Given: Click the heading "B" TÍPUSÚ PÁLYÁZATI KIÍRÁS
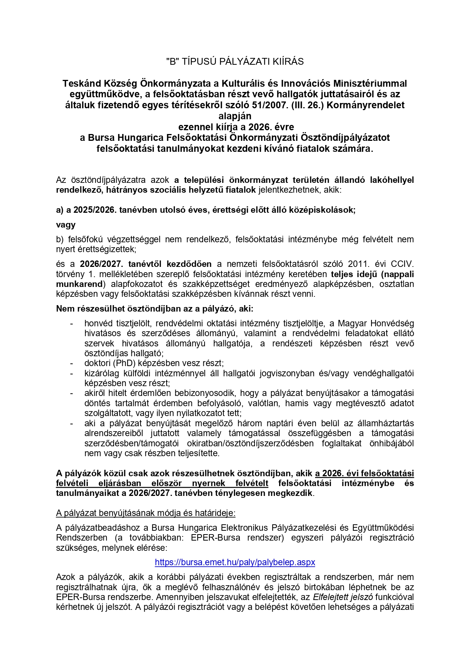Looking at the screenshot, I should click(x=235, y=62).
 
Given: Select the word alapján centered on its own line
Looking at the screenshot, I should click(x=235, y=116).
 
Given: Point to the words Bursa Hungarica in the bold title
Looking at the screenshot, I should click(x=120, y=137).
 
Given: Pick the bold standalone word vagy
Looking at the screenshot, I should click(x=66, y=224).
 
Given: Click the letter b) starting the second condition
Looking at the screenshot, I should click(x=60, y=239).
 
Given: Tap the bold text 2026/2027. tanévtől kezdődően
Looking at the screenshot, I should click(x=146, y=264).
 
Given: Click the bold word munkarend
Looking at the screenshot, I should click(x=80, y=284).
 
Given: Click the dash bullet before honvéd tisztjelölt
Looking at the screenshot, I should click(x=72, y=324).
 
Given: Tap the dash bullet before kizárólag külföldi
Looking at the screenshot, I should click(x=72, y=373).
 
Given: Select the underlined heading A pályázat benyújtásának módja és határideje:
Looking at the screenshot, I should click(x=146, y=513).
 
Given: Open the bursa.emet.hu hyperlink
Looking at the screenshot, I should click(x=235, y=562).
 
